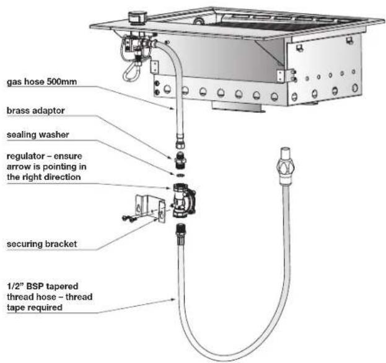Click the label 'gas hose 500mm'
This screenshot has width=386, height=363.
click(x=42, y=82)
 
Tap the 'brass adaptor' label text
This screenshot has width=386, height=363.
click(x=36, y=110)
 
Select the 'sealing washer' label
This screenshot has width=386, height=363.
click(x=38, y=135)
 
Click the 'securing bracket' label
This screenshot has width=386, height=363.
click(x=42, y=244)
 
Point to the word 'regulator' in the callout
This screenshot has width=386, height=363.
click(x=25, y=156)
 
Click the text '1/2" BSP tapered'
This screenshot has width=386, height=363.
click(x=42, y=286)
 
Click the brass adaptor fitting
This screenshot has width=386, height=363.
click(x=180, y=160)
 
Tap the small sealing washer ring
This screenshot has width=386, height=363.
click(x=180, y=175)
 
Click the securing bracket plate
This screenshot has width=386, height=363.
click(x=150, y=208)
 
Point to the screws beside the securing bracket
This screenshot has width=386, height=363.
click(x=129, y=218)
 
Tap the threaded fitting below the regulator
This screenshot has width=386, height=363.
click(x=180, y=233)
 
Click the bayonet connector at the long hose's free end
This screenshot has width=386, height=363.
click(x=285, y=166)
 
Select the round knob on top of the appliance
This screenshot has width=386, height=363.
click(x=137, y=17)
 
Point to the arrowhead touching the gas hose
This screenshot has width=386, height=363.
click(x=173, y=108)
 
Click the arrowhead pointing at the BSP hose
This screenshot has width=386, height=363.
click(x=173, y=300)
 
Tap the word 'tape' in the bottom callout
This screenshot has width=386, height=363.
click(x=15, y=308)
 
